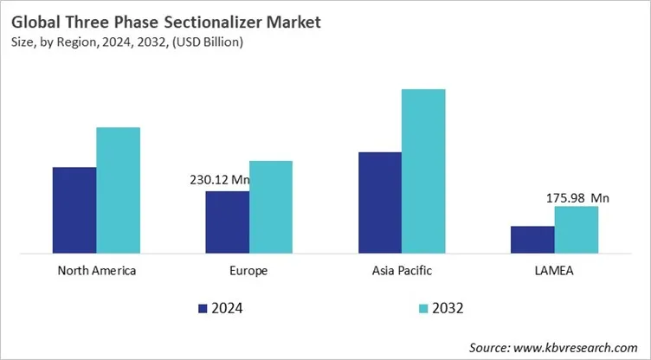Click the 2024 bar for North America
tap(74, 210)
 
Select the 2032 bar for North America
tap(118, 190)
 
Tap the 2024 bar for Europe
tap(227, 222)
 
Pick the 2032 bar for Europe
tap(271, 207)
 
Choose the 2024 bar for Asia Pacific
tap(380, 202)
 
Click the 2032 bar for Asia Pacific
tap(423, 171)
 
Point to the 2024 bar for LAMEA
tap(532, 240)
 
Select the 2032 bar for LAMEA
tap(577, 229)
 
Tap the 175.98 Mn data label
tap(577, 197)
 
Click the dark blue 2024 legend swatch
tap(203, 307)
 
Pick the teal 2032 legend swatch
tap(422, 307)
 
